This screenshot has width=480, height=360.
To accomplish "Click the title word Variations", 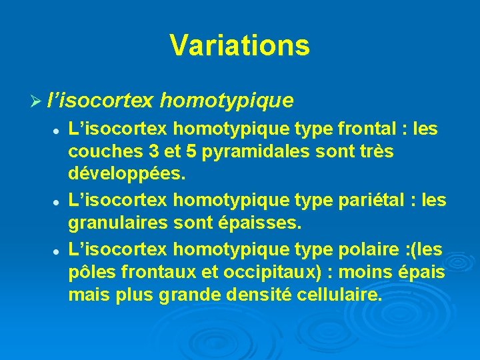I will click(239, 45).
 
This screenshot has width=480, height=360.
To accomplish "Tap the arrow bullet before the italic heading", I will click(39, 101).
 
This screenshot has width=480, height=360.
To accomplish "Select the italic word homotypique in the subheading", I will click(227, 101).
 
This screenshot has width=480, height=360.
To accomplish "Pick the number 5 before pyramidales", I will click(191, 152).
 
